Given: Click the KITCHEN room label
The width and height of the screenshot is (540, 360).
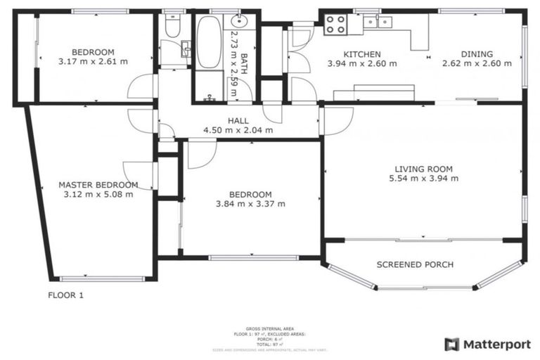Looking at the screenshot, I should pos(361,54).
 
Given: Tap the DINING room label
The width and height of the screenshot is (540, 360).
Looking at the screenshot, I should pos(477,54).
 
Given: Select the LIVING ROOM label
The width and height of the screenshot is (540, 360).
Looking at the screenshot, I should pos(423,169).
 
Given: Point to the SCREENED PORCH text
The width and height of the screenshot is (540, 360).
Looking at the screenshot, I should pos(424,265).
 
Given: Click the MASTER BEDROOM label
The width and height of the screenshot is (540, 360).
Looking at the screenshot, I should pos(98,185).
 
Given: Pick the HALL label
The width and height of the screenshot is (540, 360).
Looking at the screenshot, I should pos(238,121).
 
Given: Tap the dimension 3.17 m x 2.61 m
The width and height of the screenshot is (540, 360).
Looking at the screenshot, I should pos(93,61).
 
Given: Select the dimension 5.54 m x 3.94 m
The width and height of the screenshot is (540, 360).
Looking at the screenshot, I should pos(423,179).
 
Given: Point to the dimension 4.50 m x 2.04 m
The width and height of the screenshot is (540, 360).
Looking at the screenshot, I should pos(238,130).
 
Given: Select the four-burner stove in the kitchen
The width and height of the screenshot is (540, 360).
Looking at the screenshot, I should pos(335,25).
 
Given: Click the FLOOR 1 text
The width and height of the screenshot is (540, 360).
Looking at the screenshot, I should pos(65,295).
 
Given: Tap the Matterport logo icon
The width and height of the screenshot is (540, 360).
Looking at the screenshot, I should pos(452,344).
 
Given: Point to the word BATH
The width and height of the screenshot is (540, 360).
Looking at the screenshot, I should pos(243,55).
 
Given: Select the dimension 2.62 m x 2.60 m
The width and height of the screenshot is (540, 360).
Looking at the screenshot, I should pos(477,63).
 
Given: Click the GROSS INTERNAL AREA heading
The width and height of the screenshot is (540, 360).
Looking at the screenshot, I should pos(269,328).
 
